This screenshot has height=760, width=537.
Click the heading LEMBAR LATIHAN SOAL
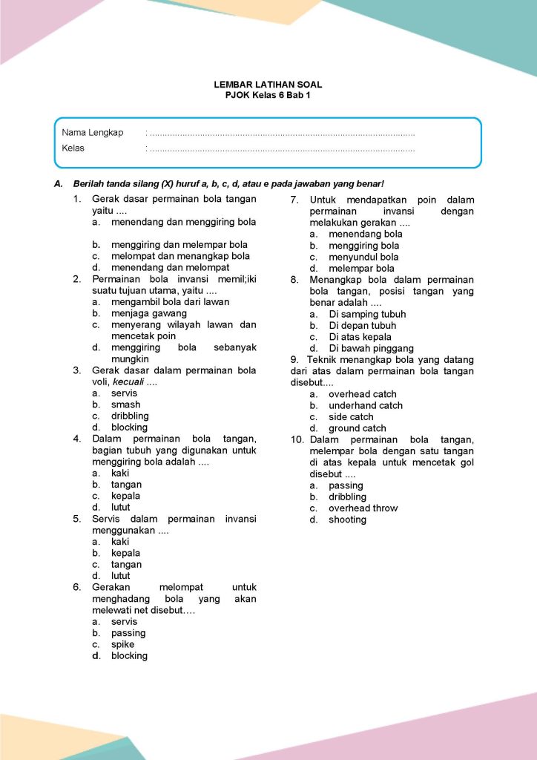(x=268, y=85)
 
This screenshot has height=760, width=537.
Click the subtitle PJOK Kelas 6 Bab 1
(x=268, y=96)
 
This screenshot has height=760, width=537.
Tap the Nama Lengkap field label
(x=93, y=133)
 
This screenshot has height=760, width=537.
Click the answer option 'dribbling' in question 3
(x=130, y=416)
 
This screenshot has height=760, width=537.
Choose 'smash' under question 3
(x=125, y=404)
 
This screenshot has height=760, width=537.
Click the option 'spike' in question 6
(x=123, y=644)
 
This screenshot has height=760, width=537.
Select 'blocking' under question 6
(x=129, y=656)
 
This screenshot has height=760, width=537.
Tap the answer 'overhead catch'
(x=363, y=394)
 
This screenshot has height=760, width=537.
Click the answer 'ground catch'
(x=358, y=428)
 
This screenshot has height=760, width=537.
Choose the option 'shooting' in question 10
(x=348, y=520)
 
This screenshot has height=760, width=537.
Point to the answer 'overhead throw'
(x=363, y=508)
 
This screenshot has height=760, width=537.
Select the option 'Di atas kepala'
(x=360, y=337)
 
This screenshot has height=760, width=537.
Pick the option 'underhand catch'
(x=366, y=405)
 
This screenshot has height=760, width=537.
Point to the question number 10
(x=296, y=440)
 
